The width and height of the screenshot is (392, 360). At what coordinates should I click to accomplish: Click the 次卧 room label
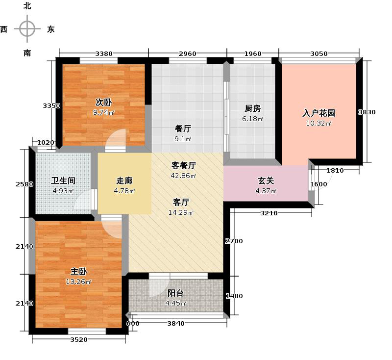103,103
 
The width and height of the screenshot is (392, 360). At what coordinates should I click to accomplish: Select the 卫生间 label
63,180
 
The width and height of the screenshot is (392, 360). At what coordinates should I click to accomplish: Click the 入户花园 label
318,113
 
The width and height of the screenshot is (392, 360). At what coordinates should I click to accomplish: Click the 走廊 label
124,180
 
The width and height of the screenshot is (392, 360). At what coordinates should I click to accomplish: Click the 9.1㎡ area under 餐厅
183,139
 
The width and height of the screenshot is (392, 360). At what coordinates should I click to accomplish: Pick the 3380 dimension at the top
104,53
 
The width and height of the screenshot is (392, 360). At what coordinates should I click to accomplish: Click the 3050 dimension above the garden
319,53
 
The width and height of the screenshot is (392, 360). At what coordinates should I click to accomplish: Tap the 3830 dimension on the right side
367,112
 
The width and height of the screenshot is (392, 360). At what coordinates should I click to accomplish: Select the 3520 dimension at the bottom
77,339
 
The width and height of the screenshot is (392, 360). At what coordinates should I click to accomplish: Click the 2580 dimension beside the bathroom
24,184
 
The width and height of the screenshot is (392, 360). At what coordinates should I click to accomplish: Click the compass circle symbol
27,29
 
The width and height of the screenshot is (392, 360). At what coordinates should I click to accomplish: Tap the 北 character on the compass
27,6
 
